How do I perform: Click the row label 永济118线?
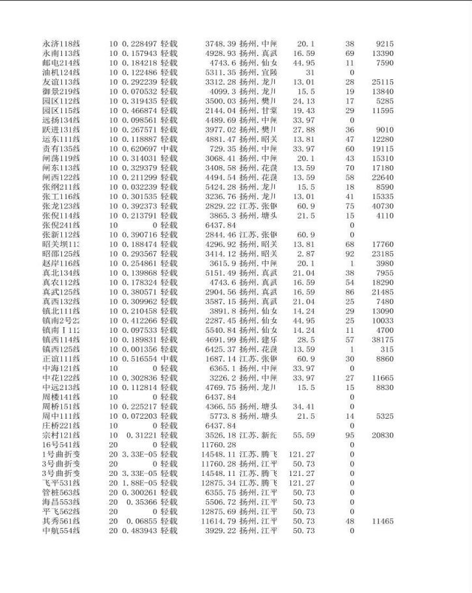pos(61,44)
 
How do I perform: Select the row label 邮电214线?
pos(61,63)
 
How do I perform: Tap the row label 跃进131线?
pos(61,130)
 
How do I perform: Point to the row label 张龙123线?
pos(61,206)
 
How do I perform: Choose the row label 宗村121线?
pos(61,435)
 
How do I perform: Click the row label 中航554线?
pos(61,531)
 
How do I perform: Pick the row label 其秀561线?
pos(61,521)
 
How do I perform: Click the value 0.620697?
pos(139,149)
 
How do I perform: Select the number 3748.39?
pos(219,44)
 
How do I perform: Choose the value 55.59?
pos(304,435)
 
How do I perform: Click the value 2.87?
pos(307,254)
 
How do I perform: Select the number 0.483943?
pos(139,531)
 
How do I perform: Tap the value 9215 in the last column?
pos(384,44)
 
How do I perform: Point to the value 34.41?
pos(304,406)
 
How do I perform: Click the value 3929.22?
pos(219,531)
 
